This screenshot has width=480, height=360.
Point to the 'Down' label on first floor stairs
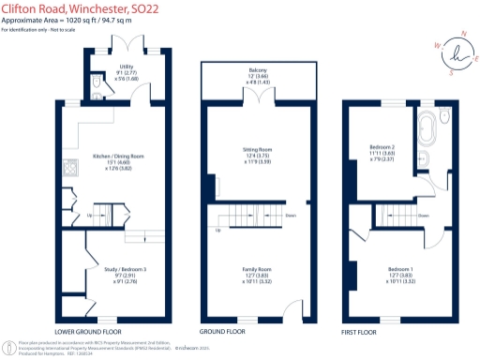pos(424,215)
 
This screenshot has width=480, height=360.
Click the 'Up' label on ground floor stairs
pos(219,232)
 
